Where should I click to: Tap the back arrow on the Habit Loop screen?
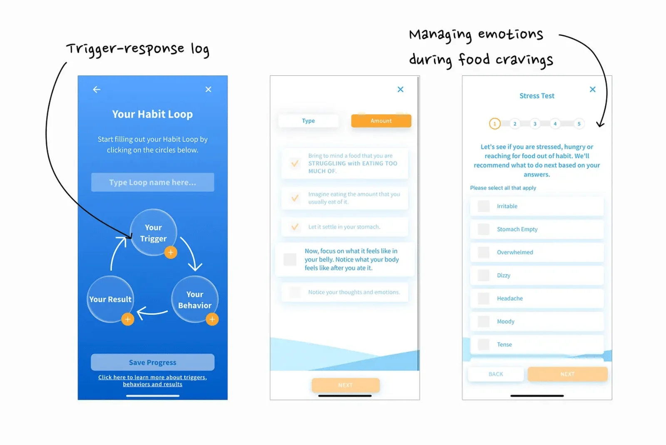[97, 89]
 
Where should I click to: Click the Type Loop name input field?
[152, 182]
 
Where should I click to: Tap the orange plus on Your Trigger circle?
[171, 252]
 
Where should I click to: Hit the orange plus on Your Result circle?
[127, 319]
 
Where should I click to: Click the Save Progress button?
[152, 362]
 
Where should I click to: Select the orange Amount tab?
[381, 121]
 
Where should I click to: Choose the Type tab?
[308, 121]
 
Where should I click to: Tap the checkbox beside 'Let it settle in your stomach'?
[295, 227]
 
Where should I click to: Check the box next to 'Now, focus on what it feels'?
[290, 259]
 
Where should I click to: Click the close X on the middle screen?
[400, 89]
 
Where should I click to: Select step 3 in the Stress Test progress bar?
[535, 124]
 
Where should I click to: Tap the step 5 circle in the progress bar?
[579, 124]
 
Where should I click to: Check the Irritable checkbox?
[483, 206]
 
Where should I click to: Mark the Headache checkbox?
[483, 298]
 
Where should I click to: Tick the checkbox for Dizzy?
[483, 275]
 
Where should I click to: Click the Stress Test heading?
[537, 96]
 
